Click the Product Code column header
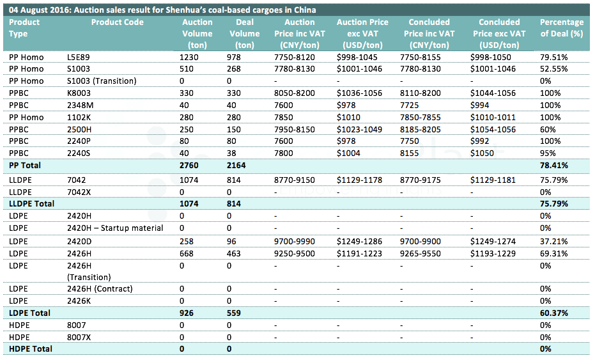click(x=117, y=22)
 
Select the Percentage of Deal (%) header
click(x=562, y=27)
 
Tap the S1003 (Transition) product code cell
click(x=102, y=81)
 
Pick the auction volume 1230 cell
click(x=189, y=58)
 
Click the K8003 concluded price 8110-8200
click(x=421, y=93)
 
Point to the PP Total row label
click(x=25, y=166)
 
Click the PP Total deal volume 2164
click(x=236, y=166)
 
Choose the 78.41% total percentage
click(x=554, y=166)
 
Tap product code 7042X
click(x=79, y=192)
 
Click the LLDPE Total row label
click(x=31, y=203)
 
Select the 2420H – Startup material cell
click(x=115, y=228)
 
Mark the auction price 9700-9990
click(x=295, y=242)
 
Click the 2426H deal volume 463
click(x=234, y=254)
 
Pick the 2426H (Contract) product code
click(x=100, y=288)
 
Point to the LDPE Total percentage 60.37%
click(x=554, y=313)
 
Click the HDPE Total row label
click(x=31, y=349)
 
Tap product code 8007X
click(x=79, y=337)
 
